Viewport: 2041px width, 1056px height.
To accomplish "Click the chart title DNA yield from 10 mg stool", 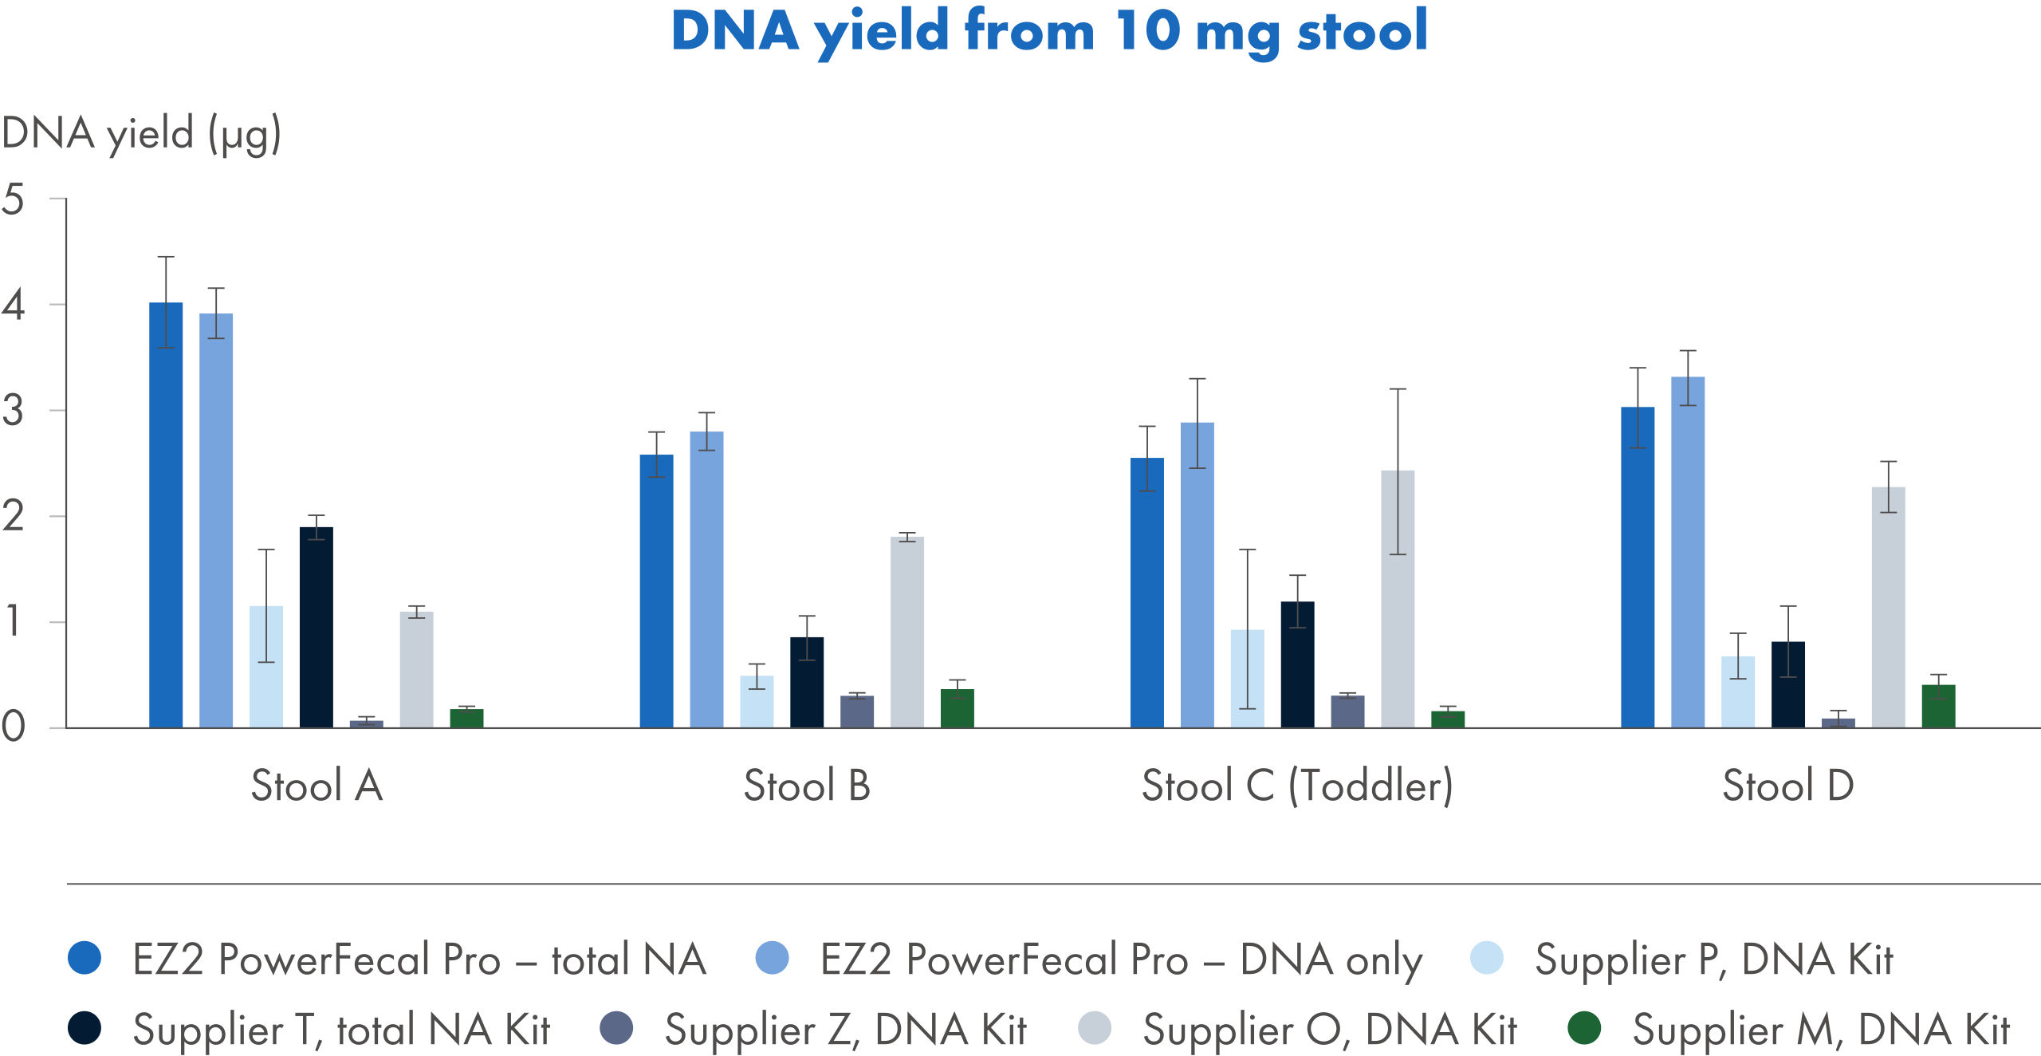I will point(1049,32).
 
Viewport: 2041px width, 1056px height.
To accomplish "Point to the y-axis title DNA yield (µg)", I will point(141,134).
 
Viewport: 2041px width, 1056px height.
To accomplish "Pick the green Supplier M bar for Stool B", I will point(958,708).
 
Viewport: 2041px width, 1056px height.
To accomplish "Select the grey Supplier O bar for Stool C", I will point(1398,599).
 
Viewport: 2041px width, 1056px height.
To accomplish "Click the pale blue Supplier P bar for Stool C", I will point(1247,679).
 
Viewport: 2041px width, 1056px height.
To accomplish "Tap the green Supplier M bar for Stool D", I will point(1938,706).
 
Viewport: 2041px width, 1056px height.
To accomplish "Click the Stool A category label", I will point(317,786).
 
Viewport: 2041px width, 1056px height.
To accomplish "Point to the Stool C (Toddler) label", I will point(1297,786).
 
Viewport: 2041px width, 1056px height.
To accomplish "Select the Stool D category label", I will point(1788,786).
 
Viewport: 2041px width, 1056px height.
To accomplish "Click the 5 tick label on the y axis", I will point(14,199).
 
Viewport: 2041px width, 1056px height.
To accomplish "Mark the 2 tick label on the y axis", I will point(14,517).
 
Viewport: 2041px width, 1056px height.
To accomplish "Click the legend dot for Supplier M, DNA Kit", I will point(1584,1028).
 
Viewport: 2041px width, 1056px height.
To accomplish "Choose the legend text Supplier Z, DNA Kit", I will point(845,1030).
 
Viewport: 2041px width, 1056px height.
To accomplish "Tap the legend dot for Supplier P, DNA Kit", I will point(1487,958).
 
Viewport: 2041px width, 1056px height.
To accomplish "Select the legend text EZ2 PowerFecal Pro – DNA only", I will point(1121,959).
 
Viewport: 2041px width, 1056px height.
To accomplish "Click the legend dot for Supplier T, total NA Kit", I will point(85,1028).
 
